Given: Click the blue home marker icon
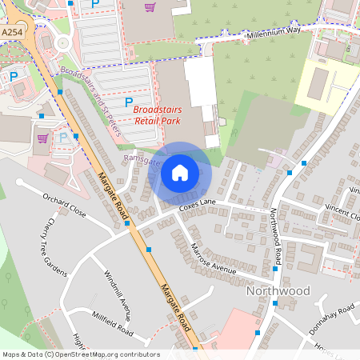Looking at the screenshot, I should pyautogui.click(x=180, y=172).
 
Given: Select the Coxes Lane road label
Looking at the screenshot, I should pyautogui.click(x=198, y=206).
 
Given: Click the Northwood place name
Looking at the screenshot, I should pyautogui.click(x=278, y=291).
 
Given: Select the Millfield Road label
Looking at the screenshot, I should pyautogui.click(x=112, y=323).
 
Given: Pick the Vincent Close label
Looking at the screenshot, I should pyautogui.click(x=342, y=211).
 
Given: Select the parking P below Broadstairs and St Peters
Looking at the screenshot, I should pyautogui.click(x=129, y=102).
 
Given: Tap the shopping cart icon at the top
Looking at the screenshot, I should pyautogui.click(x=150, y=7).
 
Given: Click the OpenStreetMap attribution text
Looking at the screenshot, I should pyautogui.click(x=81, y=354).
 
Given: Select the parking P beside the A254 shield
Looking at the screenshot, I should pyautogui.click(x=14, y=76).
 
